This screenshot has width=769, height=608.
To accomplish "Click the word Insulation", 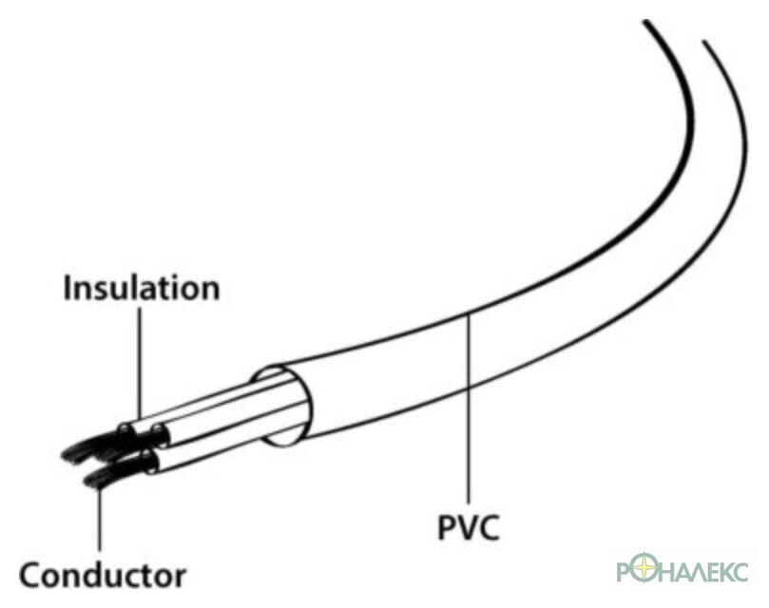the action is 142,288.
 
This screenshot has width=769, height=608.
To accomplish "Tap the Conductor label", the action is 103,575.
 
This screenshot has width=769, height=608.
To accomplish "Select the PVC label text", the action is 468,527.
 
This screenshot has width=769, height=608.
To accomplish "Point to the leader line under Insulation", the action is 140,363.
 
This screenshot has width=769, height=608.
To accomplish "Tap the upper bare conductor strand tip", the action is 66,456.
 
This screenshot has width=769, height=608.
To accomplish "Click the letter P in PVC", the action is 447,527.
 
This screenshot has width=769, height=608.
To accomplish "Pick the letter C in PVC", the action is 489,527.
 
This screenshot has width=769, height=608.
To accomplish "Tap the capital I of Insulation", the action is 67,287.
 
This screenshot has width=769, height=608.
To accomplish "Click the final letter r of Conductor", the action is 181,579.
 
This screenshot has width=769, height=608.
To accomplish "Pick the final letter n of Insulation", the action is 211,292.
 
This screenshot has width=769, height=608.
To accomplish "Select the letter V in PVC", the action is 467,527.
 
